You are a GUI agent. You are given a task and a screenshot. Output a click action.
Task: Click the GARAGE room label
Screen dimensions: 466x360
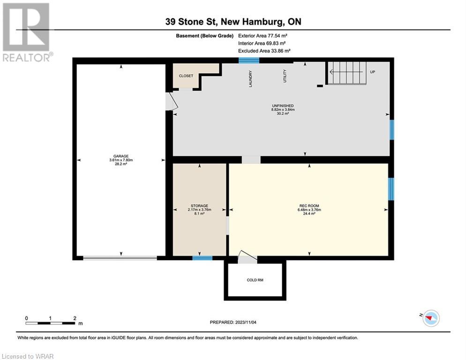pos(121,156)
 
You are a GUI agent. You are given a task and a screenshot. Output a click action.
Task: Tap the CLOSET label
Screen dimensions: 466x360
pos(186,76)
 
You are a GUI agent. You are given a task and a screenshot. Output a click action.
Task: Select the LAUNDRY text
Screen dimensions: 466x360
pos(250,79)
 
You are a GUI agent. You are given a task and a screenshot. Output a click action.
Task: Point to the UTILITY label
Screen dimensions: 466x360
pos(285,76)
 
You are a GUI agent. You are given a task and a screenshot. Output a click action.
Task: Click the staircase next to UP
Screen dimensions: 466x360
pos(347,73)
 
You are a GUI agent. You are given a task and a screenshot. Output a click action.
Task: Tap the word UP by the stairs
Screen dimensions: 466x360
pos(372,72)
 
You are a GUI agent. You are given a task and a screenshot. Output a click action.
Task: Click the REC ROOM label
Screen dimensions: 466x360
pos(309,206)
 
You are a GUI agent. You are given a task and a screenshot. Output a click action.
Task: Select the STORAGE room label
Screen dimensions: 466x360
pos(199,206)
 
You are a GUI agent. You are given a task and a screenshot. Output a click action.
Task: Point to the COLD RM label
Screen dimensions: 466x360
pos(255,280)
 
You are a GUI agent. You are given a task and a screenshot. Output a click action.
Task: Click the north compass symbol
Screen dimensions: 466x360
pos(431,318)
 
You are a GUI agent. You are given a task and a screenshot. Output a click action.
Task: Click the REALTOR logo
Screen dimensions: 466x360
pos(26,32)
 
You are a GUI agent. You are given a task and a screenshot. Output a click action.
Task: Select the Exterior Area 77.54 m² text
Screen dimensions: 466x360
pos(263,36)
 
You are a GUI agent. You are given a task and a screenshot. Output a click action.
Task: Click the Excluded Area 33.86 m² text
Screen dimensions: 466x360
pos(264,51)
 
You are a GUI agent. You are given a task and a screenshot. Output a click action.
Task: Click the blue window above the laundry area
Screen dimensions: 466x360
pos(249,60)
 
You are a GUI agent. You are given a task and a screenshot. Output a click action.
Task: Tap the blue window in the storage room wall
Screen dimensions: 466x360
pos(203,258)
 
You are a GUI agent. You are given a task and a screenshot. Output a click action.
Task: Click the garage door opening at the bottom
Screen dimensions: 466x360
pos(120,258)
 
